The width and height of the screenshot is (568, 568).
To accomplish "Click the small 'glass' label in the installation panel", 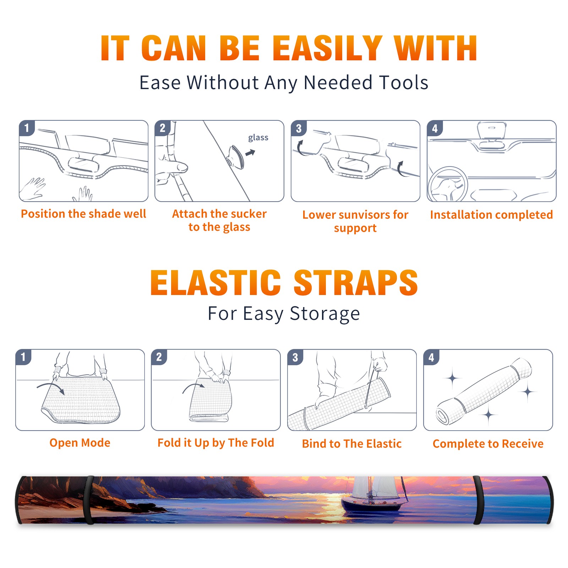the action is (258, 138).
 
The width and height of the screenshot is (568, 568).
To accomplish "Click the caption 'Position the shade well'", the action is (83, 214).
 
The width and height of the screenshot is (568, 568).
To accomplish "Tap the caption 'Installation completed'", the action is (491, 215).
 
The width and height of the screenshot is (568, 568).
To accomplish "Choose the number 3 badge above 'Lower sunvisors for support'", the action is (299, 128).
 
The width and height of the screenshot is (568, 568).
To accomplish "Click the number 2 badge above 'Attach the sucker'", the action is (162, 128).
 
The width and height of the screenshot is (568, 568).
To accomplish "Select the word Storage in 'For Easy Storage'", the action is (325, 314).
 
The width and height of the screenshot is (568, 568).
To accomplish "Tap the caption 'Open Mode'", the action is (80, 443).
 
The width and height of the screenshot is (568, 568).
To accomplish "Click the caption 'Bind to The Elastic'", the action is (352, 444).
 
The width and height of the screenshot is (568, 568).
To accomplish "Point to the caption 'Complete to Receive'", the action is (488, 444).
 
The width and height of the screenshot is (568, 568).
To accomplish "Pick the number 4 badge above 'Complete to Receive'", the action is (431, 357).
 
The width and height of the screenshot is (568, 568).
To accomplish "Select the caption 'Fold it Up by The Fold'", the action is (216, 443).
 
